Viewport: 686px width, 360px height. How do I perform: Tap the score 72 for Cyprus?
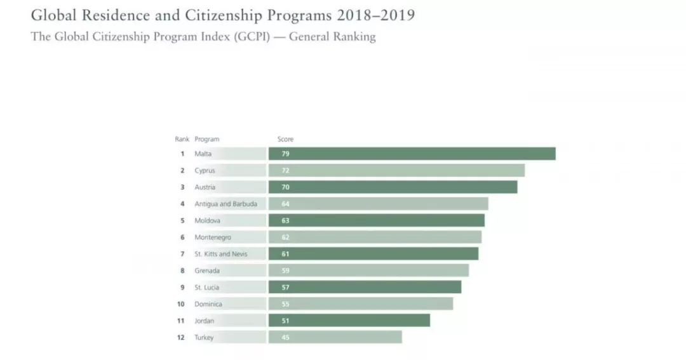pyautogui.click(x=285, y=171)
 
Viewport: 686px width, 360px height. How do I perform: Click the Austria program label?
pyautogui.click(x=205, y=187)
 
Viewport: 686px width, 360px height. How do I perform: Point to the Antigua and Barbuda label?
pyautogui.click(x=225, y=204)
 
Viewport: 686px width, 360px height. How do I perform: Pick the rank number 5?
pyautogui.click(x=182, y=220)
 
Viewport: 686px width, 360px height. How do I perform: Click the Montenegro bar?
pyautogui.click(x=375, y=237)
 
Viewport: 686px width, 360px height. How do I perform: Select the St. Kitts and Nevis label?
pyautogui.click(x=220, y=254)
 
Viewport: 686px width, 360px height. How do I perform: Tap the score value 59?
pyautogui.click(x=285, y=270)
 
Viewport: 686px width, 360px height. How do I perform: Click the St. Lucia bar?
pyautogui.click(x=365, y=287)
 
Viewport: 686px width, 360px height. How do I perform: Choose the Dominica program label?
pyautogui.click(x=208, y=304)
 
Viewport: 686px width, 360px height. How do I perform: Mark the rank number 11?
pyautogui.click(x=181, y=321)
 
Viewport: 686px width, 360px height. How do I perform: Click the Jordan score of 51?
pyautogui.click(x=285, y=321)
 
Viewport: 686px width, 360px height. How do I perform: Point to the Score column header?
pyautogui.click(x=285, y=139)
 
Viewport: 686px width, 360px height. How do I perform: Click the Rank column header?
pyautogui.click(x=182, y=139)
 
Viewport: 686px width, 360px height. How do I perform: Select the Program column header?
pyautogui.click(x=206, y=139)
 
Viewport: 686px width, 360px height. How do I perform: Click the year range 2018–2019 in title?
pyautogui.click(x=376, y=15)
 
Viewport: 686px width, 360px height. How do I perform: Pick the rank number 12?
pyautogui.click(x=181, y=337)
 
